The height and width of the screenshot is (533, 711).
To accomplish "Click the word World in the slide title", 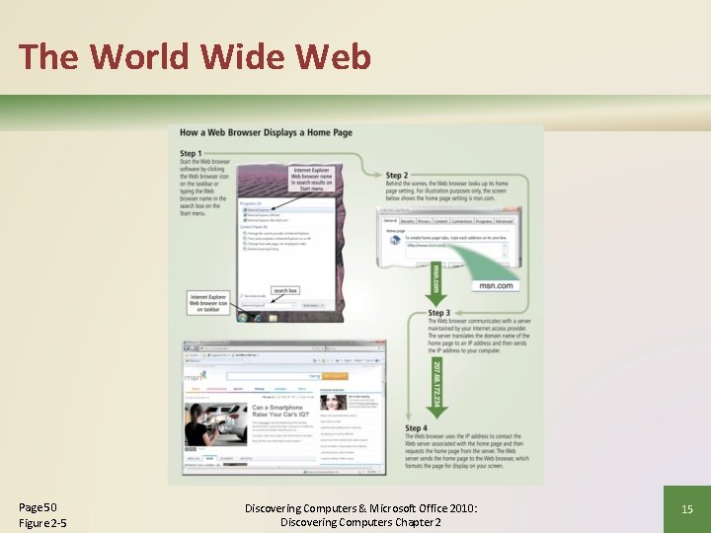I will coord(140,56).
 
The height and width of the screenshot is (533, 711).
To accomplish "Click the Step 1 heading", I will coord(191,154).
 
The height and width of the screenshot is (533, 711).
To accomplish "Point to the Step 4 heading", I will coord(416,427).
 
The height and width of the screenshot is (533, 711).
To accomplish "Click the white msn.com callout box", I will coord(496,285).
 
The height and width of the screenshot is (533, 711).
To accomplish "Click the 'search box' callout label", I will coord(285,290).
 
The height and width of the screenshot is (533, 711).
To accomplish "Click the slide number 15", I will coord(687,508).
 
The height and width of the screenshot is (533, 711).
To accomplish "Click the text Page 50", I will coord(38,506).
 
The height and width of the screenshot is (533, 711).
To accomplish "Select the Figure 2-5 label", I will coord(41,522).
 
